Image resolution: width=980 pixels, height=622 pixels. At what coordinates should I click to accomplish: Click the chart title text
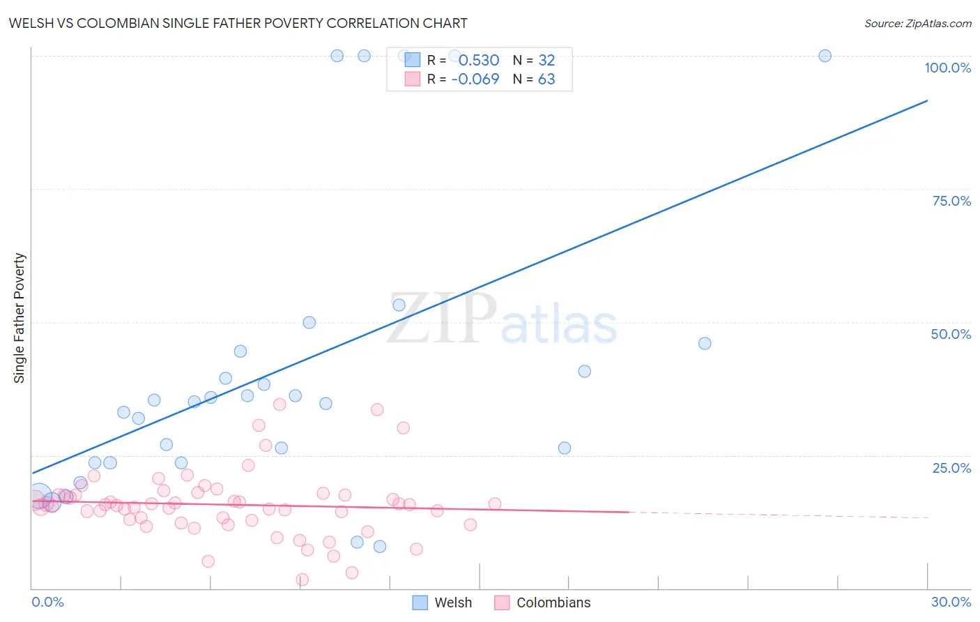pos(238,23)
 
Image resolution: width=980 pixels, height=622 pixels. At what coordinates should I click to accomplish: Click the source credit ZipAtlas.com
pos(917,23)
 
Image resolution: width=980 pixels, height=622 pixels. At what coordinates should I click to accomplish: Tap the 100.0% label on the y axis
pos(947,68)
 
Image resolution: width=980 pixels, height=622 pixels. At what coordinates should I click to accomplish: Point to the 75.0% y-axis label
pos(951,201)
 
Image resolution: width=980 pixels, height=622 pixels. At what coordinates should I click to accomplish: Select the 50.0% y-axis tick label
pos(951,334)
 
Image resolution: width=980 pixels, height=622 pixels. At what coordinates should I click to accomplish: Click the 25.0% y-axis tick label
pos(951,468)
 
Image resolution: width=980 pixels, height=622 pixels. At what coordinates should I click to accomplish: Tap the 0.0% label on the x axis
pos(47,602)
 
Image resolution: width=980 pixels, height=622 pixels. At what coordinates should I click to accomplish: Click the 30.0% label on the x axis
pos(951,602)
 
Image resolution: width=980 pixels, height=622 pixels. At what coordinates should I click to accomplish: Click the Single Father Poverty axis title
pos(20,318)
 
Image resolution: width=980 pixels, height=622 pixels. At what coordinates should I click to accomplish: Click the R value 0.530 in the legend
pos(479,61)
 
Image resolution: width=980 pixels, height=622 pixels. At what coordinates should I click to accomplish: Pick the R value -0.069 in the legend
pos(475,79)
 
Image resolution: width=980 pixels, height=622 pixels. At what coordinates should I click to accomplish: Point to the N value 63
pos(546,79)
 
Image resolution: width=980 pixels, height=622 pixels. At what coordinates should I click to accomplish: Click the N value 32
pos(546,61)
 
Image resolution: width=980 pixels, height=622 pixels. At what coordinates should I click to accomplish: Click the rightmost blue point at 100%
pos(825,56)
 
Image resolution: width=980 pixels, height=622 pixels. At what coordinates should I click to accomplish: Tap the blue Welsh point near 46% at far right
pos(705,343)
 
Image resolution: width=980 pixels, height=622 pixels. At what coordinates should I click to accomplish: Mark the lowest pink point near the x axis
pos(302,579)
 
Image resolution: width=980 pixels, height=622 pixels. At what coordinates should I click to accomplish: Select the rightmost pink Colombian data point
pos(495,503)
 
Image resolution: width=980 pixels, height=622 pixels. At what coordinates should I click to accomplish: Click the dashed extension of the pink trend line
pos(781,515)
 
